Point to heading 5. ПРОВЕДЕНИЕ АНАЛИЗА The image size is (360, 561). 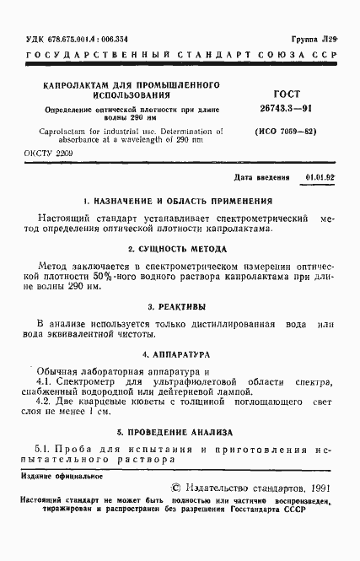coord(180,430)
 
